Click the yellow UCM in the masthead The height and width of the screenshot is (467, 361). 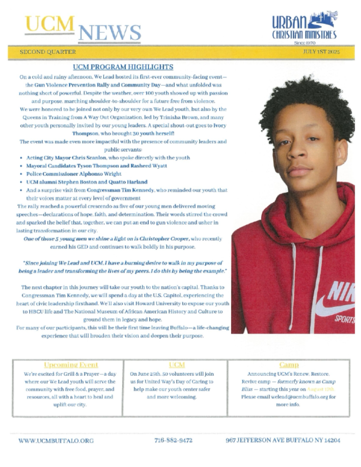point(49,24)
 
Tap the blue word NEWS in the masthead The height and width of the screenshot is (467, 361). point(110,33)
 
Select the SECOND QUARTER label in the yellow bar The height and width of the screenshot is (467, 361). point(47,52)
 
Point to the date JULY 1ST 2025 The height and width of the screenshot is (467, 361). point(321,52)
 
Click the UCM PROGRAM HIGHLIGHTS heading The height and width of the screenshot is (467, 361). point(123,67)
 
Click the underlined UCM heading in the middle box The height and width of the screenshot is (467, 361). point(177,365)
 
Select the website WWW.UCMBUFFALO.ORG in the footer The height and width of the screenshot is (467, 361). point(56,441)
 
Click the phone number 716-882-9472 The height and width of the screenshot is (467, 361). point(173,440)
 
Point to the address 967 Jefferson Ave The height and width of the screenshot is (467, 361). point(283,440)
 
